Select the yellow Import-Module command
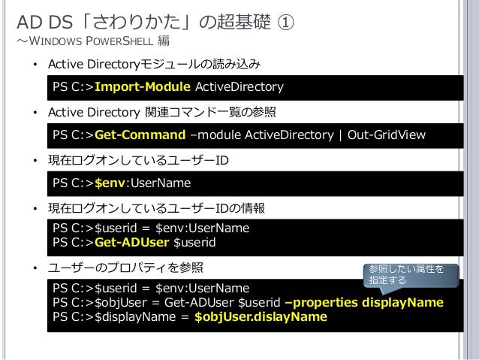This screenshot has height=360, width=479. click(x=143, y=88)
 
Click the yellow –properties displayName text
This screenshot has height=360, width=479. click(x=364, y=302)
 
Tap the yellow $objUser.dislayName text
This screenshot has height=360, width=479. click(x=261, y=316)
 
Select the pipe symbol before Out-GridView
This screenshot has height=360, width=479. click(x=341, y=135)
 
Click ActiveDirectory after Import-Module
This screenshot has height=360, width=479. click(x=239, y=88)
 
